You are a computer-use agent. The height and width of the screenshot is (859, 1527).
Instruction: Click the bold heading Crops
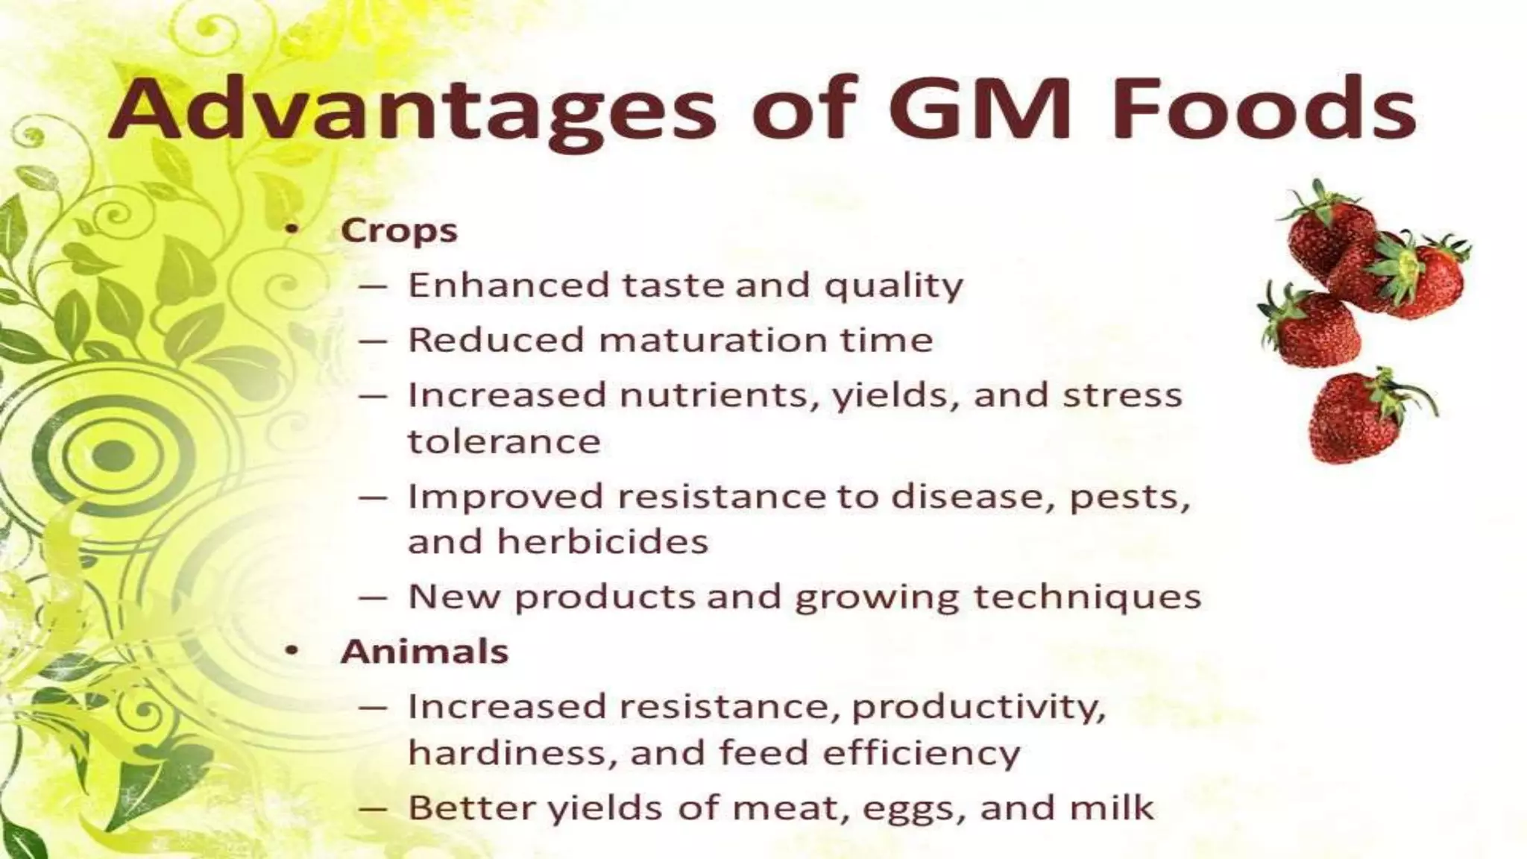click(399, 230)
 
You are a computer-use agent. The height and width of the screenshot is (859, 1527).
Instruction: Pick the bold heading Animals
click(424, 651)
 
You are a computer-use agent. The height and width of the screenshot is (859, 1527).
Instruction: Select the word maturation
click(713, 340)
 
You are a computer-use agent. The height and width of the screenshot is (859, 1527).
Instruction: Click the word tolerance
click(504, 441)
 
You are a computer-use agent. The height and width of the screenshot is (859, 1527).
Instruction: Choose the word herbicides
click(602, 541)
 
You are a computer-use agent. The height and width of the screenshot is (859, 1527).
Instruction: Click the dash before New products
click(373, 597)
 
